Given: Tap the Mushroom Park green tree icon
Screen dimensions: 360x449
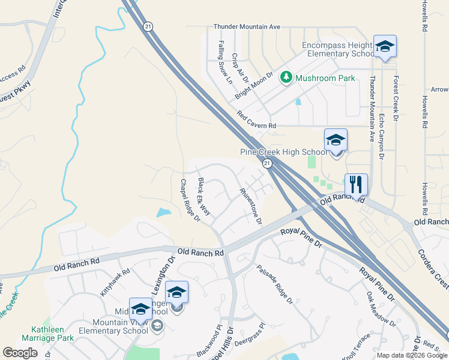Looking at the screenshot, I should click(x=287, y=77).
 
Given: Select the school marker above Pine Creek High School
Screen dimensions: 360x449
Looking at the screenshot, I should click(x=336, y=140).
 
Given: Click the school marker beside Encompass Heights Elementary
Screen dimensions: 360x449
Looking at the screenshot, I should click(x=385, y=46).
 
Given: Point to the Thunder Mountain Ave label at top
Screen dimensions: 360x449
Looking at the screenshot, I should click(x=247, y=27).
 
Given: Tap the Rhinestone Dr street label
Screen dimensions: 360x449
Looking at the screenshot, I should click(x=252, y=206).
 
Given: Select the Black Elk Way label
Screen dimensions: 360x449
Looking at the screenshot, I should click(x=204, y=197).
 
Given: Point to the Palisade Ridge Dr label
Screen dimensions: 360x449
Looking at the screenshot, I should click(x=274, y=284).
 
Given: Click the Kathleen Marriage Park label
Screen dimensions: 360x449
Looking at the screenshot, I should click(x=53, y=334).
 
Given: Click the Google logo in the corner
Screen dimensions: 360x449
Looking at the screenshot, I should click(x=20, y=353).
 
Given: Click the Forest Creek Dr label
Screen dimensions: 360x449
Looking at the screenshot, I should click(x=396, y=97).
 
